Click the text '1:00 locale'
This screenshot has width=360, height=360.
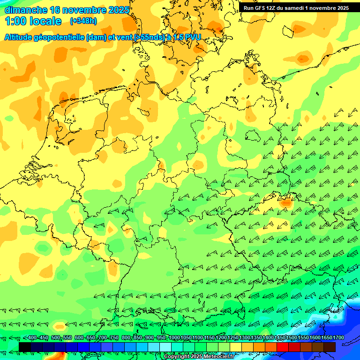33,21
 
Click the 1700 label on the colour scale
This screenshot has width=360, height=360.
338,338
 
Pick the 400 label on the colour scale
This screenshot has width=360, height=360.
32,338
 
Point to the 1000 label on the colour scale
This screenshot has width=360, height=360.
174,338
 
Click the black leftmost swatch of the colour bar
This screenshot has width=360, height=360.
25,347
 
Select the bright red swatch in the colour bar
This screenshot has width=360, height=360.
283,347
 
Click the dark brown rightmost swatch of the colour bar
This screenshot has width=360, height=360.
330,347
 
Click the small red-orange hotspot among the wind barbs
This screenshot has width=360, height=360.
285,203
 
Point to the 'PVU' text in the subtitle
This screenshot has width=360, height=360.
193,37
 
